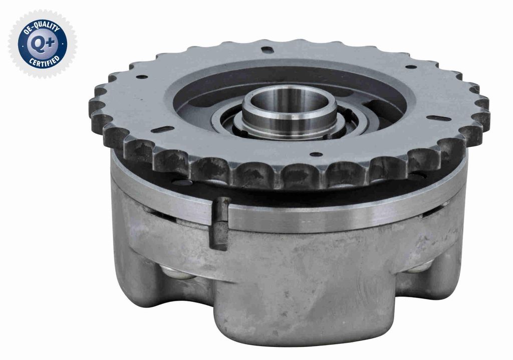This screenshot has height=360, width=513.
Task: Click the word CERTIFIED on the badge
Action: (44, 61)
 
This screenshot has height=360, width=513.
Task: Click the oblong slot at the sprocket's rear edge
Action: (268, 50)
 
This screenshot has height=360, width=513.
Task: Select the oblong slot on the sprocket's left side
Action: (162, 129)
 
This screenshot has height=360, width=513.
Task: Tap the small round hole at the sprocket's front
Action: (316, 154)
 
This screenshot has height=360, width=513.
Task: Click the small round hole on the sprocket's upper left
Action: (142, 77)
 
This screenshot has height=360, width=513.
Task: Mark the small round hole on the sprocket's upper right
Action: (411, 67)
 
